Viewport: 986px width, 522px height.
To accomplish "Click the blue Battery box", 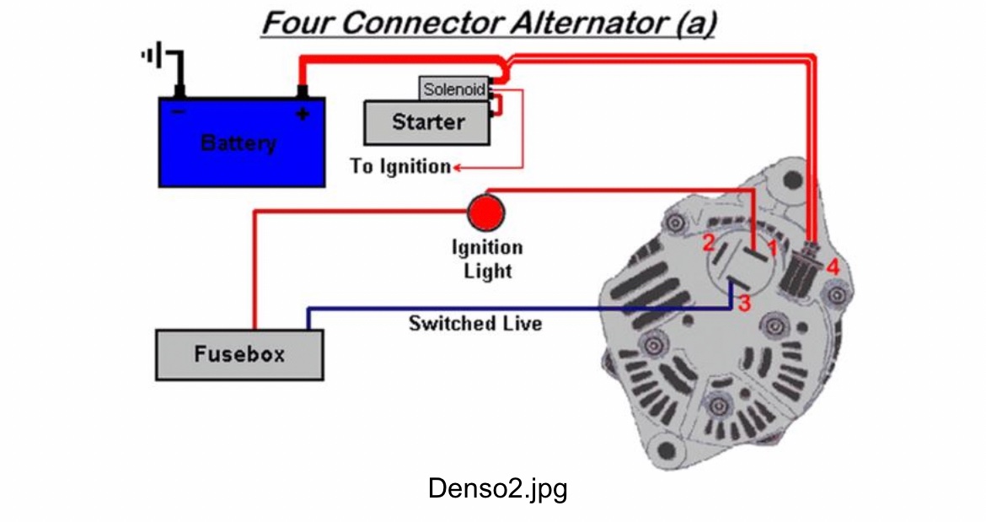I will [241, 142].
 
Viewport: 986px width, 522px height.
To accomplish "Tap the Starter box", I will [427, 122].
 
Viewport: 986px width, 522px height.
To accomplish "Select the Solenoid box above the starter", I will [454, 89].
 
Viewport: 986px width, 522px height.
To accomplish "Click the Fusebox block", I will [239, 354].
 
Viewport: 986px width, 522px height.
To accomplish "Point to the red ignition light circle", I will [486, 213].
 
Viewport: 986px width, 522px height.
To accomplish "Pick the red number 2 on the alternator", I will [709, 243].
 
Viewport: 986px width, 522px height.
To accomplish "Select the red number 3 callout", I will [743, 304].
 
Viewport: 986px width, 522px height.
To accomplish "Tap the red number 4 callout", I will [833, 267].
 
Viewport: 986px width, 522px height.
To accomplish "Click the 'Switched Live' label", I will [475, 323].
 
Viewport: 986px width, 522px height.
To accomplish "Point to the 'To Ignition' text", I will [400, 166].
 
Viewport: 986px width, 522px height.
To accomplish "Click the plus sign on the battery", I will [302, 113].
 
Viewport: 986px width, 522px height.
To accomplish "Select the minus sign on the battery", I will [179, 111].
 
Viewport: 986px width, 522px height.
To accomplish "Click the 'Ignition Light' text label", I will [487, 259].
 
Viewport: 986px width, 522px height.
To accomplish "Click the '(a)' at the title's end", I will [695, 23].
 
